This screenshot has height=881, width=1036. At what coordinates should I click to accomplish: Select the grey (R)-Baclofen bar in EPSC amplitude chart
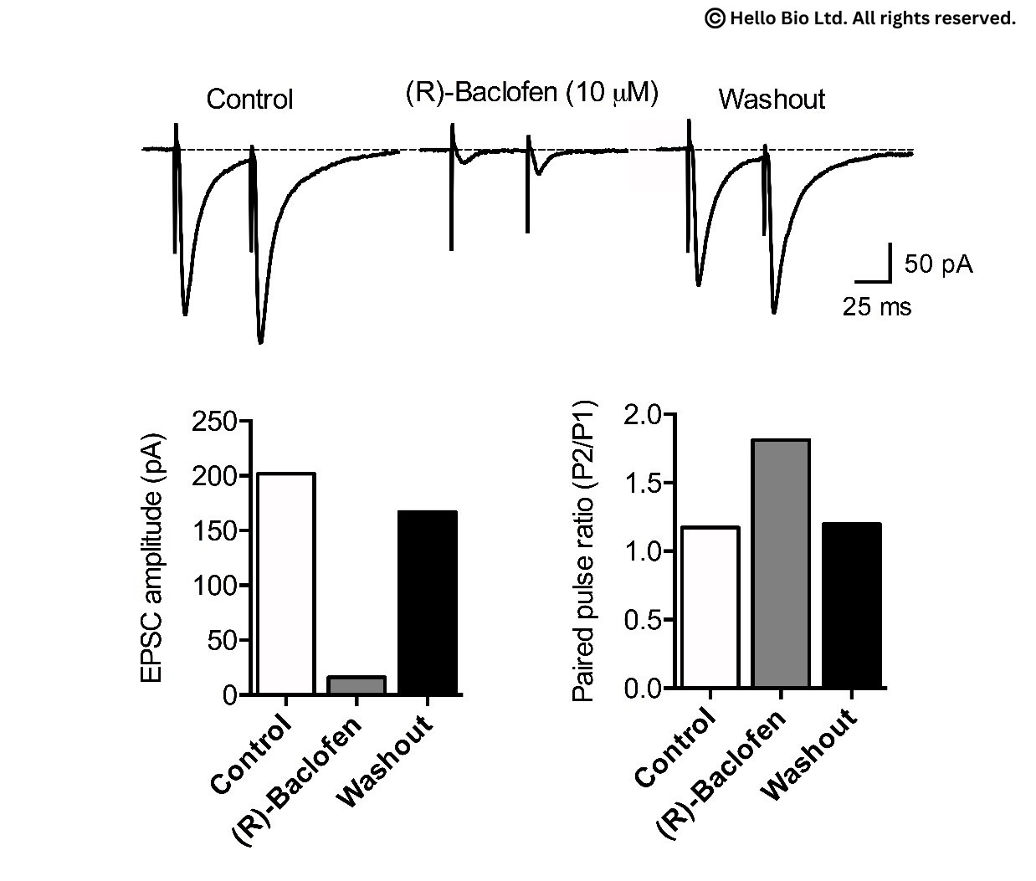click(x=356, y=685)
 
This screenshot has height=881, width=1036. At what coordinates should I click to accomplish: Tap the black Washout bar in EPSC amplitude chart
click(x=428, y=603)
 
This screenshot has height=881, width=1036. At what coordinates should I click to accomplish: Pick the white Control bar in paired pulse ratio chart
click(x=710, y=607)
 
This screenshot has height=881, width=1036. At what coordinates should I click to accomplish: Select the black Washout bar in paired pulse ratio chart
click(x=851, y=606)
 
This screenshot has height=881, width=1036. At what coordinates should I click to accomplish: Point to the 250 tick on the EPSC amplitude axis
click(x=214, y=422)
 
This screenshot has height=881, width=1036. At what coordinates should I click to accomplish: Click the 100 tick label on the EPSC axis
click(x=214, y=586)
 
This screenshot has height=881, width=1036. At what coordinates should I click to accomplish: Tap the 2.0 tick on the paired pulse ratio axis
click(x=642, y=414)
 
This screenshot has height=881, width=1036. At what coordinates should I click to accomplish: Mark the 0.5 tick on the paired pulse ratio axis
click(x=642, y=620)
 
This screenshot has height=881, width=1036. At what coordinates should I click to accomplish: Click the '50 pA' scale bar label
click(x=938, y=264)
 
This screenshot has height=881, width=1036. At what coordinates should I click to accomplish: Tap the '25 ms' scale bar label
click(x=876, y=307)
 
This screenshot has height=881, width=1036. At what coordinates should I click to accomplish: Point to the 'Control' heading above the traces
click(x=249, y=100)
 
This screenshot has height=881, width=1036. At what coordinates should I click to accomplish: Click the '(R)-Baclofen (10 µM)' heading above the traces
click(x=531, y=93)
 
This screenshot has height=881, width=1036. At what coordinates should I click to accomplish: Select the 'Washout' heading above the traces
click(x=772, y=100)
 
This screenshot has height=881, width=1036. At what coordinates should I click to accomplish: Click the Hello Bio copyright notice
click(x=860, y=18)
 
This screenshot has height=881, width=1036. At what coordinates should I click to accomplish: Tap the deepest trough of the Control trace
click(x=260, y=341)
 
